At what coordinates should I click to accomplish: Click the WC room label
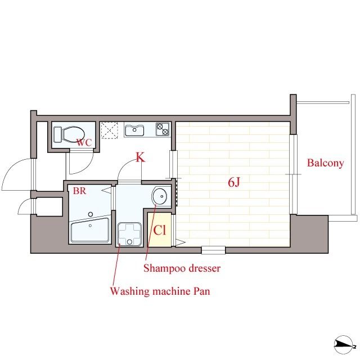pos(84,142)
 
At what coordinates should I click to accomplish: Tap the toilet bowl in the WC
pos(73,134)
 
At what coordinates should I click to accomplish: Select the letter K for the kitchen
pos(140,157)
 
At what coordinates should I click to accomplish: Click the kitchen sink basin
pos(134,130)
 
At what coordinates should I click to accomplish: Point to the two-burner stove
pos(163,129)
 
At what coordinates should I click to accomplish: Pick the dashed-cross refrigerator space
pos(109,130)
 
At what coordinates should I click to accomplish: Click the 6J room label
pos(234,182)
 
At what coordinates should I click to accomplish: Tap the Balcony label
pos(325,163)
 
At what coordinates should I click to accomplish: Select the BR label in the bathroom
pos(79,191)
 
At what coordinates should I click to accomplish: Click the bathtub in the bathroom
pos(90,229)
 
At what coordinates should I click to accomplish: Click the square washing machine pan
pos(129,234)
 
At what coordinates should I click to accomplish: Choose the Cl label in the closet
pos(159,230)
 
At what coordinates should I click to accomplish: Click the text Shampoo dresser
pos(182,268)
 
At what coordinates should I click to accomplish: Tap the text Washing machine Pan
pos(160,291)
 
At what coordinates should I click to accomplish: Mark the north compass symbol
pos(344,344)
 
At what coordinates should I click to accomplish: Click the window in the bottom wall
pos(213,250)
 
